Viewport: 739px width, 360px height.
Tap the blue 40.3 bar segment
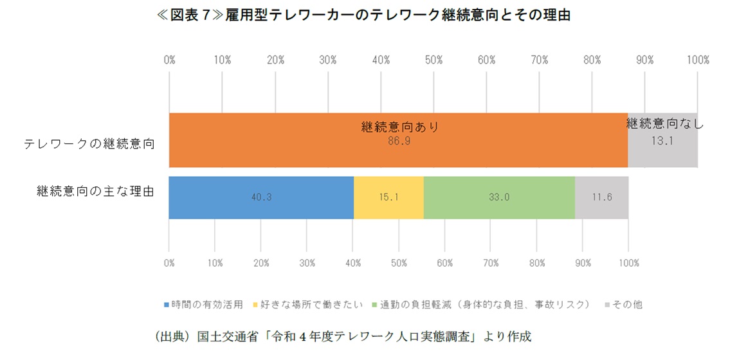[x=261, y=197]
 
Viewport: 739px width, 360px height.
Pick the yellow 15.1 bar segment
[x=388, y=197]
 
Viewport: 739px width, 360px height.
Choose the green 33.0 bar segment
[x=499, y=197]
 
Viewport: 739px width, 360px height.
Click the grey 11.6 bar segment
[x=601, y=197]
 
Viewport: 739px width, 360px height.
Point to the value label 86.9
[x=399, y=141]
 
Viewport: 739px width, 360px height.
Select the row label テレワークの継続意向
[x=89, y=143]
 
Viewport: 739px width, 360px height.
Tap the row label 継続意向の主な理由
[x=95, y=192]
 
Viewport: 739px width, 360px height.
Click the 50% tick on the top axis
[x=433, y=60]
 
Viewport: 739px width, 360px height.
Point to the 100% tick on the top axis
[x=697, y=60]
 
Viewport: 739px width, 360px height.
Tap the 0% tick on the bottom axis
[x=169, y=263]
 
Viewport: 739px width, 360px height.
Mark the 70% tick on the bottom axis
[x=491, y=263]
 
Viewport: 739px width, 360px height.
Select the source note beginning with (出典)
[x=334, y=336]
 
